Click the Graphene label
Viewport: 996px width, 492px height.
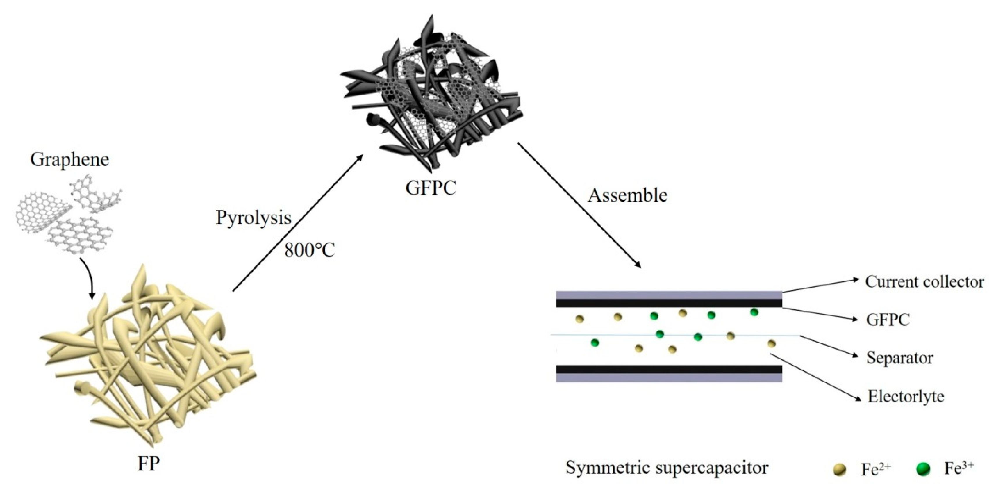click(69, 159)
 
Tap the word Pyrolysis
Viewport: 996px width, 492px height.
click(253, 218)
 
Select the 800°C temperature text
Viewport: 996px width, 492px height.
click(310, 250)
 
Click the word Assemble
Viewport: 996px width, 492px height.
click(628, 196)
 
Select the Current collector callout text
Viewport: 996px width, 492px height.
click(924, 282)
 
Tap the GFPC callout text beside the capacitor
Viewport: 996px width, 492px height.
click(888, 320)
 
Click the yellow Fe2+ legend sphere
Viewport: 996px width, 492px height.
click(839, 470)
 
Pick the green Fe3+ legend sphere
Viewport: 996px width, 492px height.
click(923, 469)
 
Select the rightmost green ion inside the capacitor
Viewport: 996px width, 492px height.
click(754, 312)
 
